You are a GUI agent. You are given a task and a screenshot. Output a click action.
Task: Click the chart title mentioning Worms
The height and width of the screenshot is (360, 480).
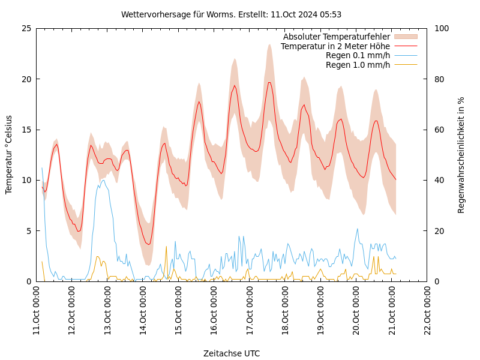(231, 14)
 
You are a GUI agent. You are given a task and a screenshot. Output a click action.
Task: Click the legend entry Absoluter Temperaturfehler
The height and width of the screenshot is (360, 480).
(336, 37)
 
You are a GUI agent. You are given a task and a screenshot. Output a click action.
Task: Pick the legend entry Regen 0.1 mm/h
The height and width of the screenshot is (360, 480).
(358, 55)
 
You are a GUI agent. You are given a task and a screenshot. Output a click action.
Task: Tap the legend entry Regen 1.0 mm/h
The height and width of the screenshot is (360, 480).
(358, 65)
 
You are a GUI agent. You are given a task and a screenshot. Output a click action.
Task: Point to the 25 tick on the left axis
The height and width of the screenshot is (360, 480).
(26, 28)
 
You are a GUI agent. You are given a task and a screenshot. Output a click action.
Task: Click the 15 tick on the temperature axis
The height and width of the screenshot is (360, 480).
(26, 130)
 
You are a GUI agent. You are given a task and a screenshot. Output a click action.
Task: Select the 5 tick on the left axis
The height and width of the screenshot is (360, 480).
(29, 230)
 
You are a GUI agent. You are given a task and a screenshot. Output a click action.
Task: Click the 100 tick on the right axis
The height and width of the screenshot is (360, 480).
(441, 28)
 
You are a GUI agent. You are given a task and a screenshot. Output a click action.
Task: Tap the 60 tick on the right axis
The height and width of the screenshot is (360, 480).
(439, 130)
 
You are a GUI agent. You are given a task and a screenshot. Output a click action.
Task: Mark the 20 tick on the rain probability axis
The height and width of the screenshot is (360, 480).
(439, 230)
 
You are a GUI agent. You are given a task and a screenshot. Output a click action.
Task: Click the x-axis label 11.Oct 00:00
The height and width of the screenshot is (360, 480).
(37, 311)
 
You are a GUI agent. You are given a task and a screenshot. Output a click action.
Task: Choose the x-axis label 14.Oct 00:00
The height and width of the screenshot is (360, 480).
(143, 311)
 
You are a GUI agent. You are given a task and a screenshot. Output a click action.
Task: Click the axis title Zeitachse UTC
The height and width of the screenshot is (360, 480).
(231, 353)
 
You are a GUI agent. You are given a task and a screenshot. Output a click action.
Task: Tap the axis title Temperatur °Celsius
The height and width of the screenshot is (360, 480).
(9, 155)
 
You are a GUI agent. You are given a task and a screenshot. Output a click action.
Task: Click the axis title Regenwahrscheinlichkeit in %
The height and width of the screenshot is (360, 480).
(461, 155)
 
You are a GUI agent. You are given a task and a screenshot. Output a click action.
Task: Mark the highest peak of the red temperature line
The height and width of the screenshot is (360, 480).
(269, 82)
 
